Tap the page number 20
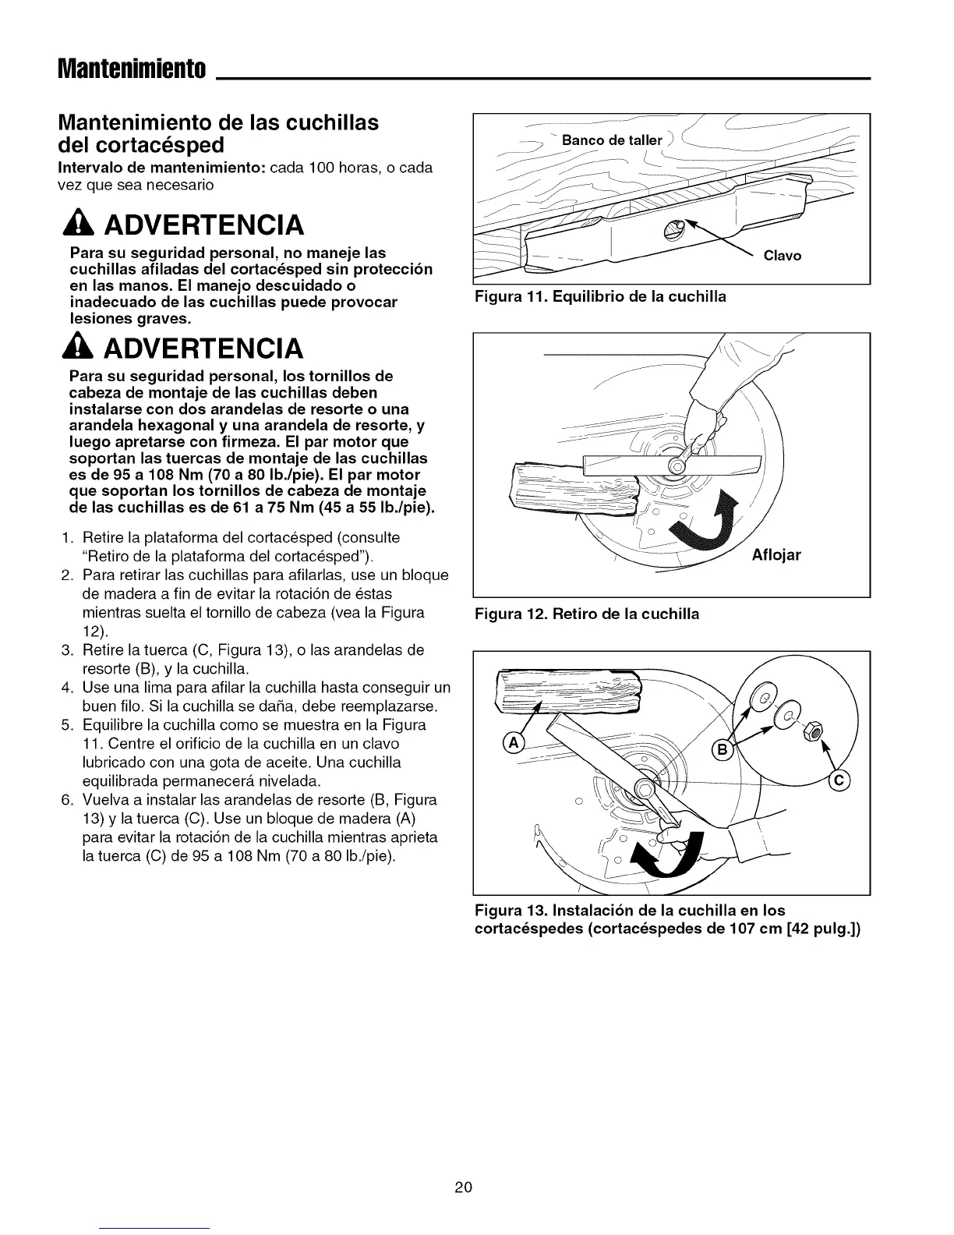[463, 1187]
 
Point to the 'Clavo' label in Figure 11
[783, 256]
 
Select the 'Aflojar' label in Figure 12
[776, 555]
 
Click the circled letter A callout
[516, 741]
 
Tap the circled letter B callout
[722, 750]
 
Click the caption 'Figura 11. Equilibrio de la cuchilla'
[600, 296]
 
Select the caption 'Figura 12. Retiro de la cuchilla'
[587, 614]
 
